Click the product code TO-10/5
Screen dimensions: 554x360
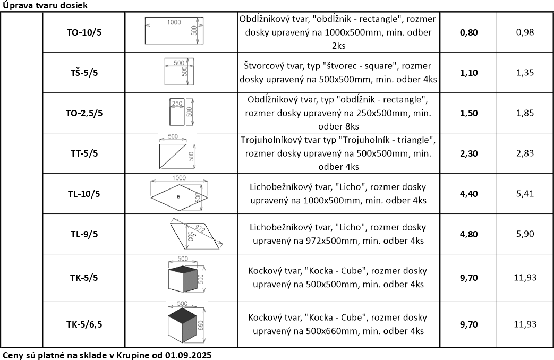[x=84, y=32]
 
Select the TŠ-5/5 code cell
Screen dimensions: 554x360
[x=84, y=73]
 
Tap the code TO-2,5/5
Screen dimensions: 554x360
[x=84, y=113]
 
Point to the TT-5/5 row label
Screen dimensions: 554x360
[x=84, y=153]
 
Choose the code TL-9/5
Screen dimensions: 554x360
[x=84, y=234]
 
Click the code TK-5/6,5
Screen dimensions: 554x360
[x=84, y=324]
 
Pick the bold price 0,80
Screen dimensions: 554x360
[x=469, y=32]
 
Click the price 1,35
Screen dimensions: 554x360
[x=525, y=73]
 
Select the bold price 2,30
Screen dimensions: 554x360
[x=469, y=153]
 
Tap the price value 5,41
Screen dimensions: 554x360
[x=525, y=194]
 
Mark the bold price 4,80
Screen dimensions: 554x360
[x=469, y=234]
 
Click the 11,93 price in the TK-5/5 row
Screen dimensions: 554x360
[x=525, y=277]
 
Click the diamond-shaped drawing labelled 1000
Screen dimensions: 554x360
[x=179, y=197]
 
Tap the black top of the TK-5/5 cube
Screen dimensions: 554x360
[x=183, y=270]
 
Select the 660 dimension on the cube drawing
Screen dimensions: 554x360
[x=200, y=325]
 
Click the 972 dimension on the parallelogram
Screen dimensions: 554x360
[x=200, y=229]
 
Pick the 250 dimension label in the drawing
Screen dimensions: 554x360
[x=177, y=104]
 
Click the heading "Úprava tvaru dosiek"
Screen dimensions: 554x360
[x=45, y=5]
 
